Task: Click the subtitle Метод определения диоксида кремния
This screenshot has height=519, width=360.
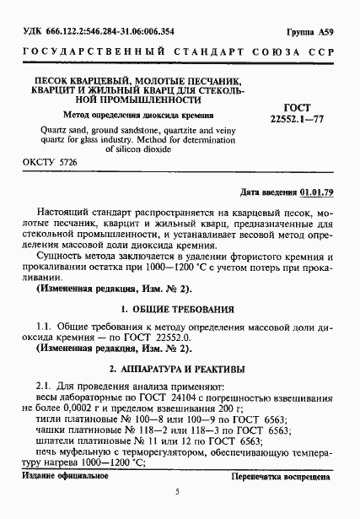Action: pos(125,114)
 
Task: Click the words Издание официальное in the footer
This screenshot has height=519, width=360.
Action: pos(58,478)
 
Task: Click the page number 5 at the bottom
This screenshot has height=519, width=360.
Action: pos(179,492)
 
